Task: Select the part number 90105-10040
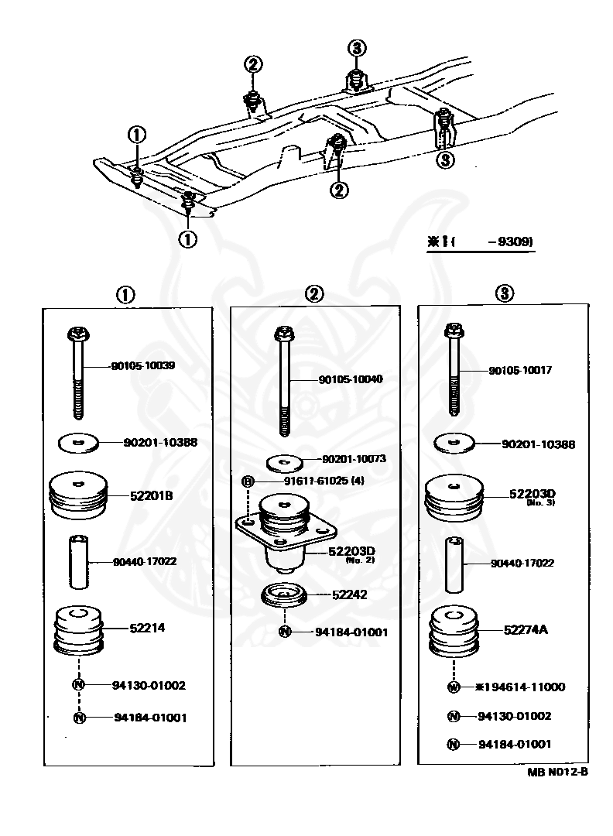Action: point(351,379)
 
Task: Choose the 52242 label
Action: point(349,594)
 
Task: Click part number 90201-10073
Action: point(354,459)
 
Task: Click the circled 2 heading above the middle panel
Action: point(313,293)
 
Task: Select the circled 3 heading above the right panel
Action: point(504,293)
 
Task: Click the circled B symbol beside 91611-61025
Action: point(248,481)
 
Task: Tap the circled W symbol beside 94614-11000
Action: point(454,687)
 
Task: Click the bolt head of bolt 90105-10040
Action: point(283,334)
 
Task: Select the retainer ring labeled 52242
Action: point(284,597)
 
